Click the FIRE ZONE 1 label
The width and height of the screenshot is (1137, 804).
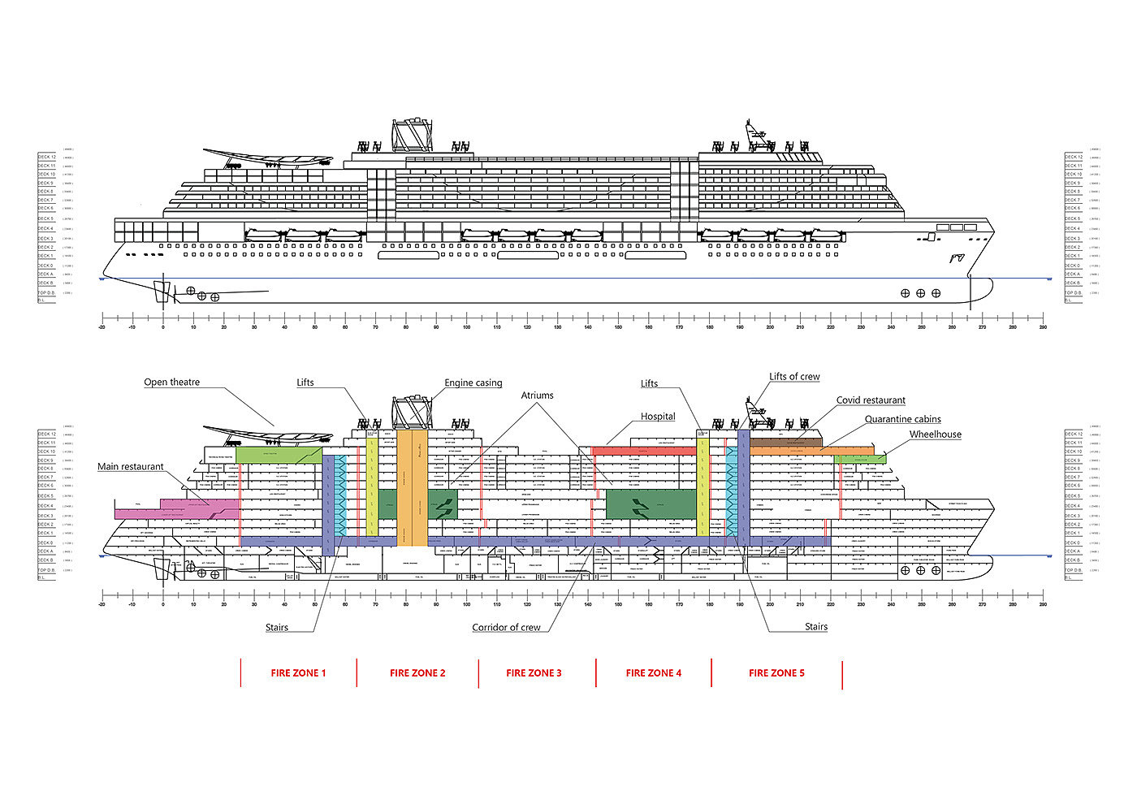pos(298,673)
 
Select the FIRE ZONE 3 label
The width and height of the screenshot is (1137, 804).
pos(534,673)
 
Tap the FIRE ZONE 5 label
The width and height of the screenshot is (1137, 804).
pos(776,673)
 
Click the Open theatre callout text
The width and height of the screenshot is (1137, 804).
pos(171,383)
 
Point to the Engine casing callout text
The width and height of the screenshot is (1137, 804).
pos(473,383)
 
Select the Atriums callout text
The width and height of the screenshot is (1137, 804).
pos(537,396)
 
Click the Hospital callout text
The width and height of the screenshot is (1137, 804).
pos(658,417)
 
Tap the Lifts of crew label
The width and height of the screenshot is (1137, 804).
pos(794,377)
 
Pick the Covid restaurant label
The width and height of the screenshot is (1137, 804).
pos(871,400)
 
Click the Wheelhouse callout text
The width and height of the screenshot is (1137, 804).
pos(935,435)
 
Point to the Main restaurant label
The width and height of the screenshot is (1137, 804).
pos(130,467)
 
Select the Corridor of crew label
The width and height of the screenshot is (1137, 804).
pos(506,628)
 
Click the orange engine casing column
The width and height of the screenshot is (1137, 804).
pos(412,487)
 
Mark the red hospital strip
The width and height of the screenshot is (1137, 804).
pos(642,450)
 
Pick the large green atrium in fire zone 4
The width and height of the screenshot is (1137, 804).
pos(651,504)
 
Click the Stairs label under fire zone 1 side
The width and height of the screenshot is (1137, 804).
pos(276,628)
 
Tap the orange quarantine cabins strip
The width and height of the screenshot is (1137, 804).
pos(812,449)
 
